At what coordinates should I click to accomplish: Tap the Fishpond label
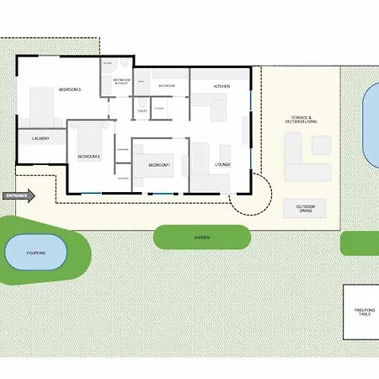36,252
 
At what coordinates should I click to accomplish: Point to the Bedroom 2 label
88,157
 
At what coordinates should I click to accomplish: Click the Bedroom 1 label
160,164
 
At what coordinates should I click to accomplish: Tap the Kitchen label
222,87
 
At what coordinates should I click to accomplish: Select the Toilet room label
141,110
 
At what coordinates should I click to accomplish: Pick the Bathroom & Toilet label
120,82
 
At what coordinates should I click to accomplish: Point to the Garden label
201,238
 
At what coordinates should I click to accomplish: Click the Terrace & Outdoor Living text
299,120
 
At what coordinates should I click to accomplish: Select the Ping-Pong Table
361,312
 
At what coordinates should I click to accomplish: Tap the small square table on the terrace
322,146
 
